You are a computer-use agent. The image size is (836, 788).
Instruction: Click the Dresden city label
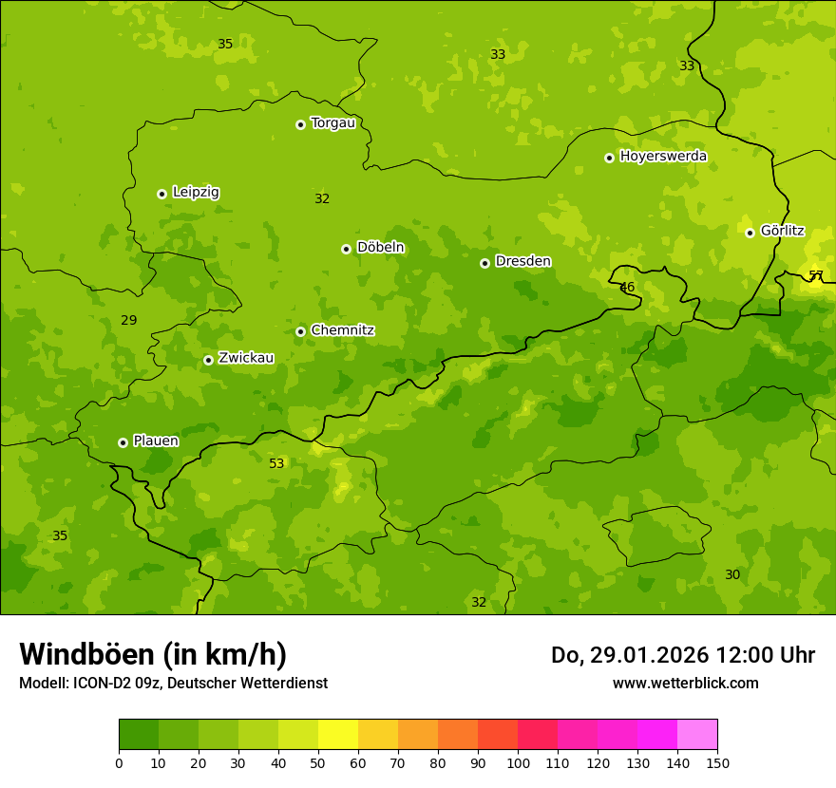pyautogui.click(x=522, y=261)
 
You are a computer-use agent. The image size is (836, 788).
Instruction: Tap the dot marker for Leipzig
pyautogui.click(x=161, y=194)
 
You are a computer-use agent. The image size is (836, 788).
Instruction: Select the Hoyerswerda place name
pyautogui.click(x=663, y=156)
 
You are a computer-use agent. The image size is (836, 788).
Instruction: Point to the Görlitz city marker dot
pyautogui.click(x=750, y=233)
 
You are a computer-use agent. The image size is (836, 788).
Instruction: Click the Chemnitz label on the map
pyautogui.click(x=342, y=330)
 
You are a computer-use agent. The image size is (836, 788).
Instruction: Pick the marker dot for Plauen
pyautogui.click(x=123, y=442)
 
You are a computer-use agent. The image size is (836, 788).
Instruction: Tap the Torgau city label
pyautogui.click(x=332, y=122)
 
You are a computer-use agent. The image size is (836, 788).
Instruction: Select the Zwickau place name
pyautogui.click(x=246, y=358)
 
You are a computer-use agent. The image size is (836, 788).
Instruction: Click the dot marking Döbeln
pyautogui.click(x=346, y=249)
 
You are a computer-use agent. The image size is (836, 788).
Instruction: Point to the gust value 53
pyautogui.click(x=276, y=463)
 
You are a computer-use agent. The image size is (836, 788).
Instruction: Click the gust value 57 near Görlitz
pyautogui.click(x=816, y=275)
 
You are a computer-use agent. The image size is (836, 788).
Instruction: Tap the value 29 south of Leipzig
pyautogui.click(x=129, y=320)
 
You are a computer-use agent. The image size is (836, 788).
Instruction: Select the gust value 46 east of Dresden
pyautogui.click(x=627, y=287)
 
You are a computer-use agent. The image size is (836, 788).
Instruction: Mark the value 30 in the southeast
pyautogui.click(x=732, y=574)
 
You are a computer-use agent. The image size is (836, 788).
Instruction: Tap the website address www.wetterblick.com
pyautogui.click(x=685, y=683)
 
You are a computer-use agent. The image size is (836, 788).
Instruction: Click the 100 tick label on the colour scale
pyautogui.click(x=518, y=762)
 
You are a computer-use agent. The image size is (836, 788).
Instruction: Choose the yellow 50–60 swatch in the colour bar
pyautogui.click(x=338, y=735)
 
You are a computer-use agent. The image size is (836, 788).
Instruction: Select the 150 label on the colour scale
pyautogui.click(x=717, y=762)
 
